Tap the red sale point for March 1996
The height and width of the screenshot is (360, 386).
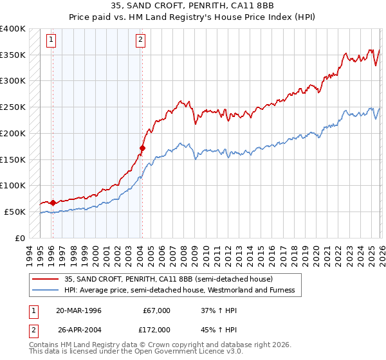(52, 203)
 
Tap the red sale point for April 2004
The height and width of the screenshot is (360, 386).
(142, 148)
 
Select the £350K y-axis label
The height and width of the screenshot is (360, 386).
(13, 55)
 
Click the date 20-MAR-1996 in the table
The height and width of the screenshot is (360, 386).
(79, 310)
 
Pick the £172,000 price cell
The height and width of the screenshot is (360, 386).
(156, 329)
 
